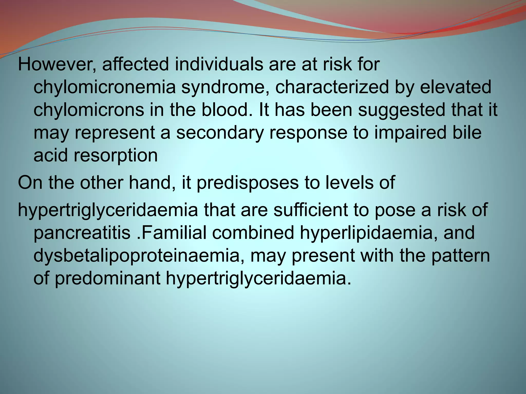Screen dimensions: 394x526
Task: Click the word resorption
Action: (116, 155)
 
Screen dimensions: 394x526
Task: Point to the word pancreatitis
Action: (82, 233)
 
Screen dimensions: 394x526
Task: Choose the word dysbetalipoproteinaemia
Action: (139, 255)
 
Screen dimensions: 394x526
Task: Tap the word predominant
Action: (108, 278)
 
